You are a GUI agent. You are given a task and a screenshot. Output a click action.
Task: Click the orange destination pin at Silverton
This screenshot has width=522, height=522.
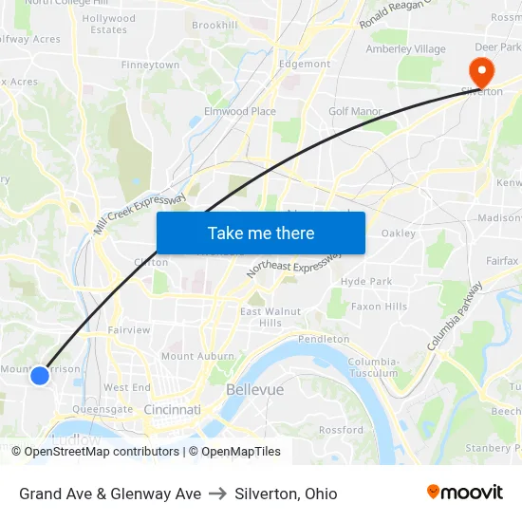click(481, 70)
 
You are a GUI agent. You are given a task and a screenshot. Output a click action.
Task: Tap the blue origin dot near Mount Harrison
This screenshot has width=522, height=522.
click(39, 376)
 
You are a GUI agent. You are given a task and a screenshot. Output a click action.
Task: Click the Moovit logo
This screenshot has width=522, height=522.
click(464, 492)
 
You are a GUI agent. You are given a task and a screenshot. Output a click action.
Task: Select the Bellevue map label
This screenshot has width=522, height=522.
click(254, 390)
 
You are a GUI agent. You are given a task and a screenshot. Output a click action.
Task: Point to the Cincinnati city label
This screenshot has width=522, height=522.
click(173, 409)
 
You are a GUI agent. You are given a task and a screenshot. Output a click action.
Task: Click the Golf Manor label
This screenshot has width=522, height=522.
click(355, 111)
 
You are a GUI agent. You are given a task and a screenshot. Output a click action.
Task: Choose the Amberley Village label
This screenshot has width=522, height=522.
click(405, 49)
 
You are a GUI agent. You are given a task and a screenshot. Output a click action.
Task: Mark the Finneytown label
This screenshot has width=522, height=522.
click(150, 65)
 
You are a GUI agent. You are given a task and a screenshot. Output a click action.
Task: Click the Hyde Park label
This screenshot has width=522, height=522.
click(366, 282)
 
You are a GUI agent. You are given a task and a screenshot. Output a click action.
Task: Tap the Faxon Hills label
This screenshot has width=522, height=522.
click(379, 307)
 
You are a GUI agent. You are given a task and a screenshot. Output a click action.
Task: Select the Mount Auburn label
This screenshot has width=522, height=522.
click(197, 356)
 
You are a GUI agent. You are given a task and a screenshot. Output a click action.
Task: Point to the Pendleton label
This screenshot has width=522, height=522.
click(324, 339)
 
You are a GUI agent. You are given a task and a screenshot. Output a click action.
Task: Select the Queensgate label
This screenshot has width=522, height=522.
click(103, 409)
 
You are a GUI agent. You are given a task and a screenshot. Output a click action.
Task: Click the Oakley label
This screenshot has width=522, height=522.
click(399, 233)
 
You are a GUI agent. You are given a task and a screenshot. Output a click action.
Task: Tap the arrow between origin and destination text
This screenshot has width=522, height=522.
click(217, 494)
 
